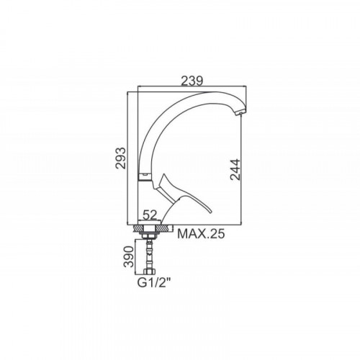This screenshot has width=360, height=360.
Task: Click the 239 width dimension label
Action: point(192,81)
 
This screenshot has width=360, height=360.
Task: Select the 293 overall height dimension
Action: point(120,158)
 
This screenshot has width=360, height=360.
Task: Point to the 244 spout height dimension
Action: point(235,169)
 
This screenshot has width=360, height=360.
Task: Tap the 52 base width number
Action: point(150,215)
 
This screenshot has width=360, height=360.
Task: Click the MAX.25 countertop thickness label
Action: point(201,233)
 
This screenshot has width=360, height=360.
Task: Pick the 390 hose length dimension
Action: point(128,256)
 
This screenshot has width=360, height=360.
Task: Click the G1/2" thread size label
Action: point(155,283)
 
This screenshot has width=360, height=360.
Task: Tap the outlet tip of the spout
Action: point(240,113)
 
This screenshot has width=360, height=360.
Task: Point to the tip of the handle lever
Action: point(211,211)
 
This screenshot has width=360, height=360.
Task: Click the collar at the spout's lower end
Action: point(145,176)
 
